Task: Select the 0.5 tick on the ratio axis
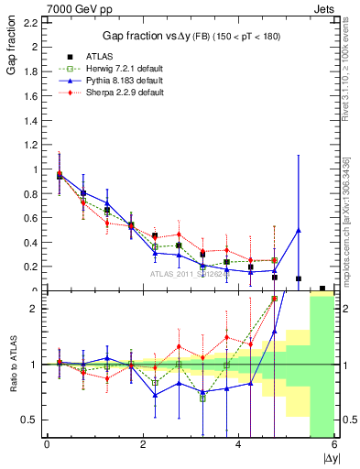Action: click(x=32, y=420)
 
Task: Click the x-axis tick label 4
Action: click(x=238, y=444)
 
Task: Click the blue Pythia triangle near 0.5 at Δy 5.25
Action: click(x=299, y=230)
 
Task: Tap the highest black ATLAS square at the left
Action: click(x=60, y=176)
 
